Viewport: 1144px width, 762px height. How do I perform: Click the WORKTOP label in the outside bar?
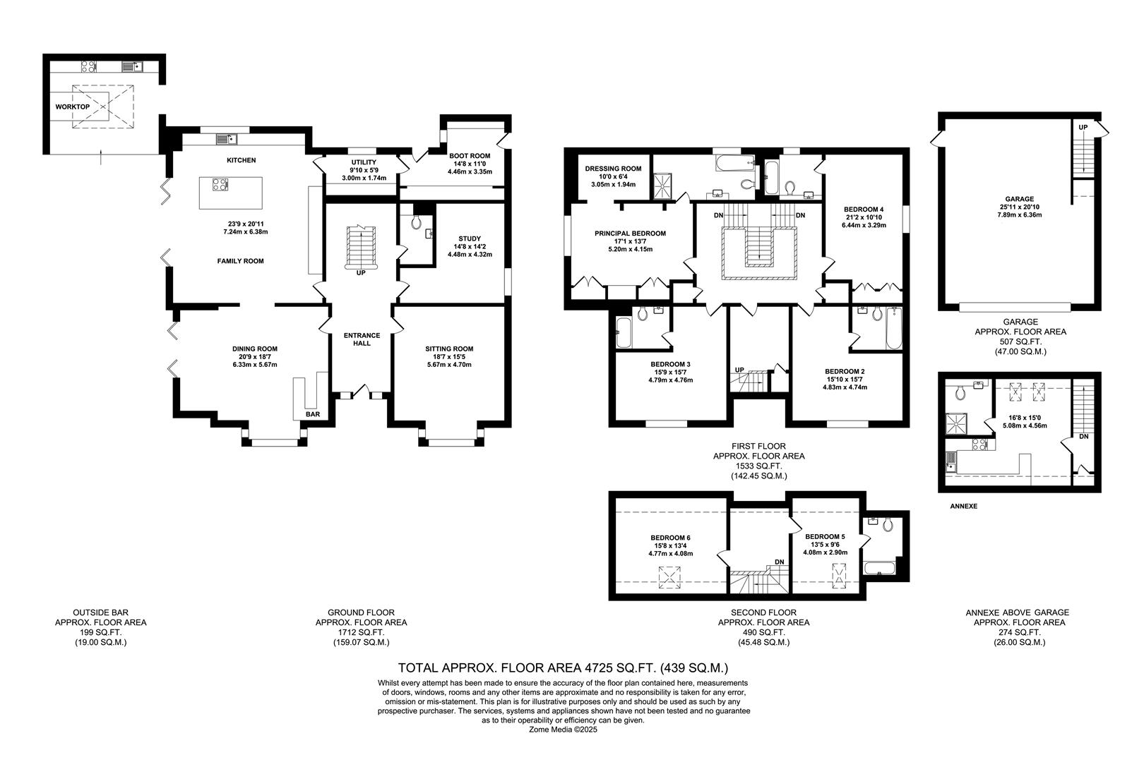[x=72, y=107]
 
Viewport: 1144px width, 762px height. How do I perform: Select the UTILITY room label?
[x=364, y=162]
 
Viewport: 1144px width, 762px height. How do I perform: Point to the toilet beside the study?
[x=416, y=222]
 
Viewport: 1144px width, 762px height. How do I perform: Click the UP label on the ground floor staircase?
[x=361, y=272]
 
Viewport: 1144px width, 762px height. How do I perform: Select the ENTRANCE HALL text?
[x=362, y=339]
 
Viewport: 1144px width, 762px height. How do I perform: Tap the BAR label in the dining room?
[x=313, y=414]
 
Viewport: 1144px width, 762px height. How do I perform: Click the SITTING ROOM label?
[x=449, y=349]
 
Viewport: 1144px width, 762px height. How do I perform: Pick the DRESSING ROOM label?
[x=613, y=169]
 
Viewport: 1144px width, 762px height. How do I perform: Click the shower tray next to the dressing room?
[x=664, y=185]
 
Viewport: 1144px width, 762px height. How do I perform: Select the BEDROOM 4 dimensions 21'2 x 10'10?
[x=863, y=217]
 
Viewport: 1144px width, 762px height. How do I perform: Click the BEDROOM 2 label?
[x=845, y=371]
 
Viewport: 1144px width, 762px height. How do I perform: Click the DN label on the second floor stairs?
[x=779, y=562]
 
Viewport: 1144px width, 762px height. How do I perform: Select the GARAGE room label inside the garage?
[x=1020, y=199]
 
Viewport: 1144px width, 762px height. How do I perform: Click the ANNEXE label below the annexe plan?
[x=963, y=506]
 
